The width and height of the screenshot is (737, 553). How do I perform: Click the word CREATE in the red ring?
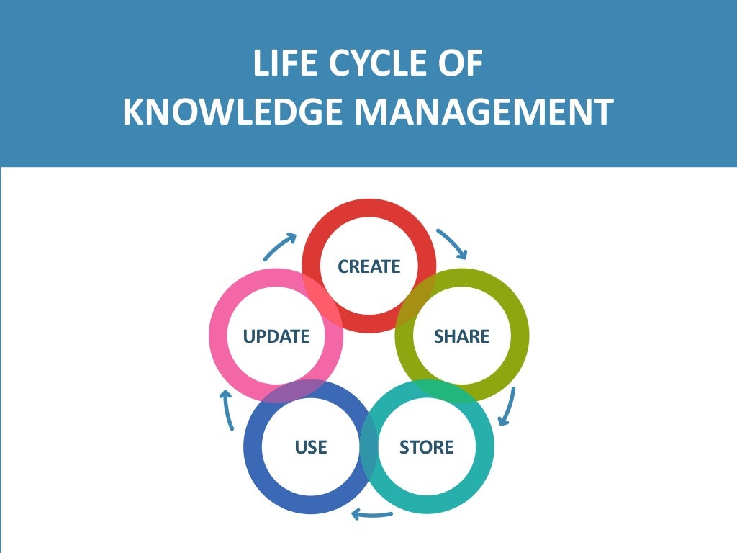coord(368,266)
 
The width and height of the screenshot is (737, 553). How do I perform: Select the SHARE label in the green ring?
coord(461,336)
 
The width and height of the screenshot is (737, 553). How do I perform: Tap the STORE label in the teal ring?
coord(426,447)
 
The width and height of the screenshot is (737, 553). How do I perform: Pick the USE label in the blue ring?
coord(311,447)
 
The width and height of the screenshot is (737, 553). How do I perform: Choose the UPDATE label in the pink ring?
coord(276,336)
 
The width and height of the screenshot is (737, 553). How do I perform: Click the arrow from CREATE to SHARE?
coord(453,243)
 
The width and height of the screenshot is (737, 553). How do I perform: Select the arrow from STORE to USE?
coord(371,514)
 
